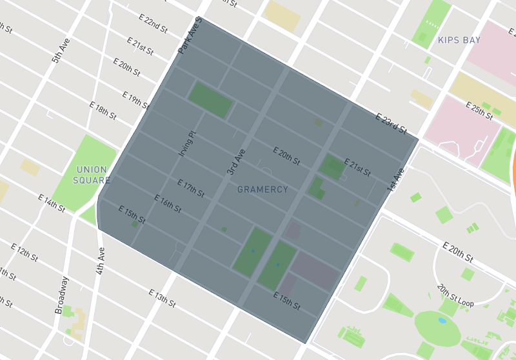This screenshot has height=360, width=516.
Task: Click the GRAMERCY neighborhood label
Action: coord(263,190)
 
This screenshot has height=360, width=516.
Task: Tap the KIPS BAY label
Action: coord(459,40)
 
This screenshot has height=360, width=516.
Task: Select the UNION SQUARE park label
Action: coord(92,175)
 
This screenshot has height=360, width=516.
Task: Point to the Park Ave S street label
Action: coord(190,36)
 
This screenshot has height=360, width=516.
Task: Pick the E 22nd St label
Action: coord(154,25)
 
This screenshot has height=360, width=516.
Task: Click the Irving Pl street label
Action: coord(186,143)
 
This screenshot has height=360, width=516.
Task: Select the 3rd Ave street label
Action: coord(235,163)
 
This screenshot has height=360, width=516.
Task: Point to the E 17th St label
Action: coord(190,188)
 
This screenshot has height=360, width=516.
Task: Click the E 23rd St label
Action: coord(392,123)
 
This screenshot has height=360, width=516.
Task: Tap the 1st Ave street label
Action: coord(395,179)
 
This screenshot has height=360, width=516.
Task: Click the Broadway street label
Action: coord(61,295)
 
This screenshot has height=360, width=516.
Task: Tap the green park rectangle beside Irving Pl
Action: coord(210,100)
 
